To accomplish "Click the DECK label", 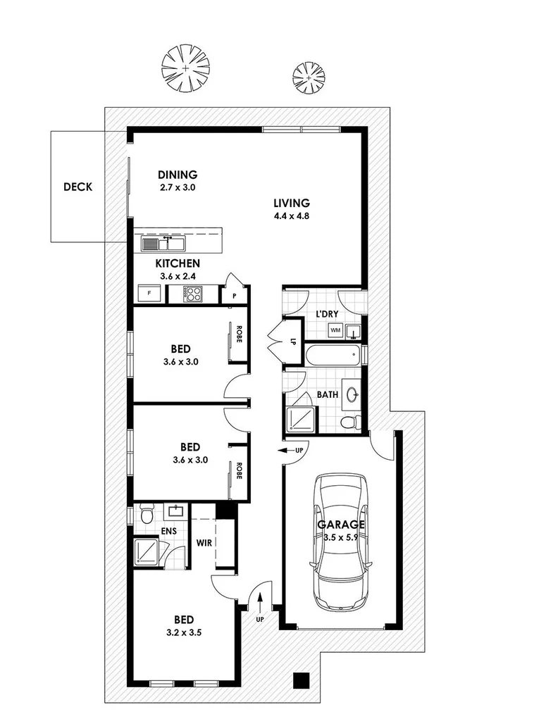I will point(77,187).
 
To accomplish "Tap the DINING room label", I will point(178,175).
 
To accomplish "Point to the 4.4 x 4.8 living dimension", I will point(292,216).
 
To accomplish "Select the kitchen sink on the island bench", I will point(163,244).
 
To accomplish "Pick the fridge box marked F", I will point(149,294).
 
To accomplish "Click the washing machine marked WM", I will point(336,330).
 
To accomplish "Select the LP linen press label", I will point(292,342).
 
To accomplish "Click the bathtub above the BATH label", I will point(334,353).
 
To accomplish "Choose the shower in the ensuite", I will point(147,551).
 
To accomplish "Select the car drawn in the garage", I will point(341,540).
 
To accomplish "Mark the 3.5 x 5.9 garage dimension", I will point(341,537).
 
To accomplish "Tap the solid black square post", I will point(302,680).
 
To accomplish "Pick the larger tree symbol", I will point(185,68).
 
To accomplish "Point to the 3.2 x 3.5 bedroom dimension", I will point(184,632).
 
